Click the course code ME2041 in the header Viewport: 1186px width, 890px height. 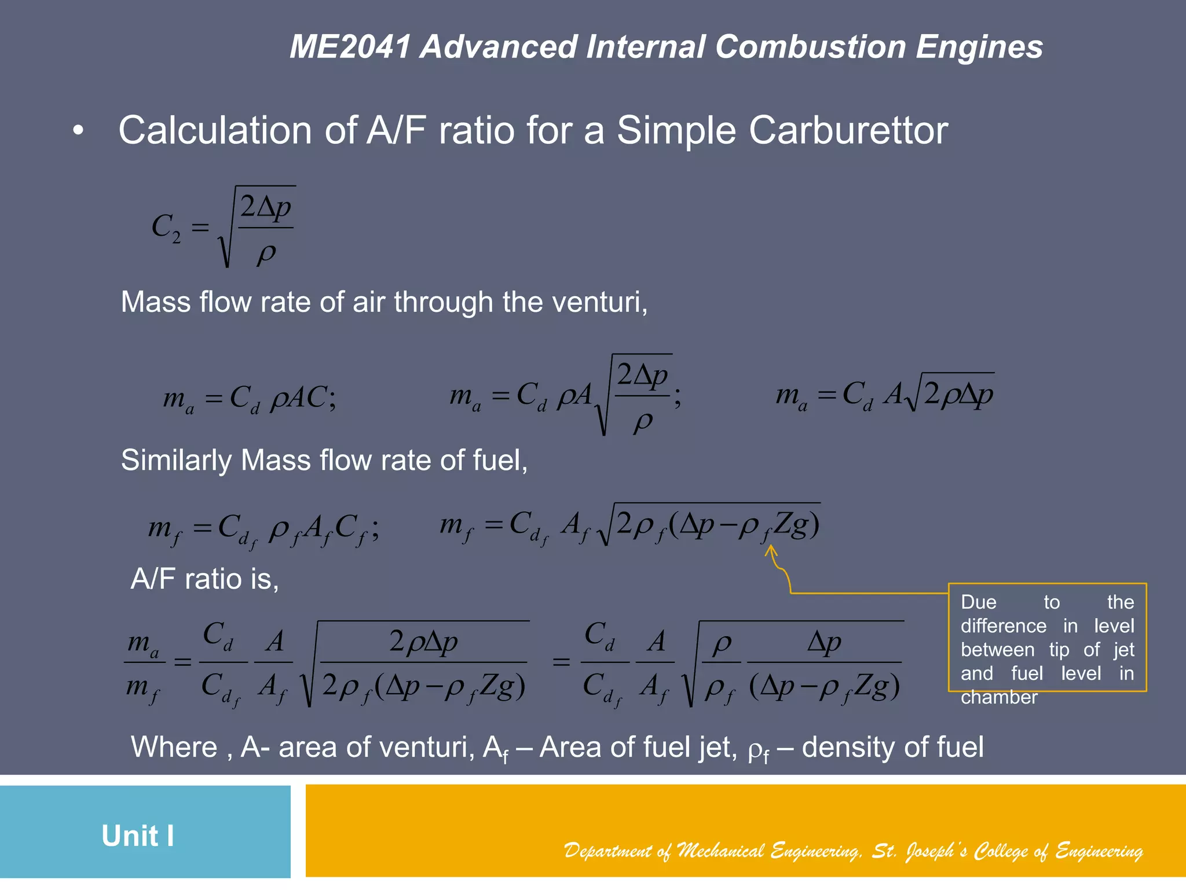[351, 47]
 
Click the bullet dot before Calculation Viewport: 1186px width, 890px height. [79, 131]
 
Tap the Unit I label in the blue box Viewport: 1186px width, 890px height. [138, 836]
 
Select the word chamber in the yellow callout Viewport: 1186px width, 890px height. [999, 697]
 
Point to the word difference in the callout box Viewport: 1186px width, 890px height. [1004, 626]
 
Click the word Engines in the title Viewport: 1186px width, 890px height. [979, 47]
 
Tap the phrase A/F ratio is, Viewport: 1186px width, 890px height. [205, 579]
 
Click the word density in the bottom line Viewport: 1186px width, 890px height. [849, 747]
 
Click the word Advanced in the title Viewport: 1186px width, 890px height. [499, 47]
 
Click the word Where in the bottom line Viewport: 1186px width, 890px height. [174, 747]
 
